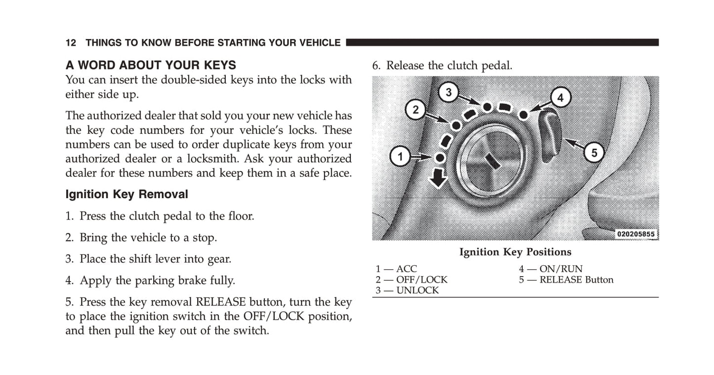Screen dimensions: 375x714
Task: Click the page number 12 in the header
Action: coord(71,43)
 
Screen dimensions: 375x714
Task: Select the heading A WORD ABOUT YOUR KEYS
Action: coord(151,65)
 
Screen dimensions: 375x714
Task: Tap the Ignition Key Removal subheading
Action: coord(126,195)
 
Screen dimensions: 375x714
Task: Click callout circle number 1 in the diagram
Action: coord(400,158)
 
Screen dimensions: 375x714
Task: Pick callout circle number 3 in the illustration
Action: coord(449,92)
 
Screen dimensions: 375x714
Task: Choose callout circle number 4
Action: coord(560,98)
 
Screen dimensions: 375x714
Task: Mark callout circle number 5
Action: coord(594,153)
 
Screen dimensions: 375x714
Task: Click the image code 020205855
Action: coord(636,234)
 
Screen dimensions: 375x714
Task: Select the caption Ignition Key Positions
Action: coord(515,252)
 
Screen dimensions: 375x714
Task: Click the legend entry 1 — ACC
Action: coord(396,269)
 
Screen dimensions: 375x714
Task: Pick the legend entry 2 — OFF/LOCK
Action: coord(411,280)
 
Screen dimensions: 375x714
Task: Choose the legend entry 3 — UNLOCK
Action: coord(407,291)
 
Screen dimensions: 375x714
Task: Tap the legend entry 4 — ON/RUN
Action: coord(550,269)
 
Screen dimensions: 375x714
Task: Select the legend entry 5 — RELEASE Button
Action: coord(566,280)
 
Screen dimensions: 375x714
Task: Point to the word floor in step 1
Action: coord(240,216)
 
